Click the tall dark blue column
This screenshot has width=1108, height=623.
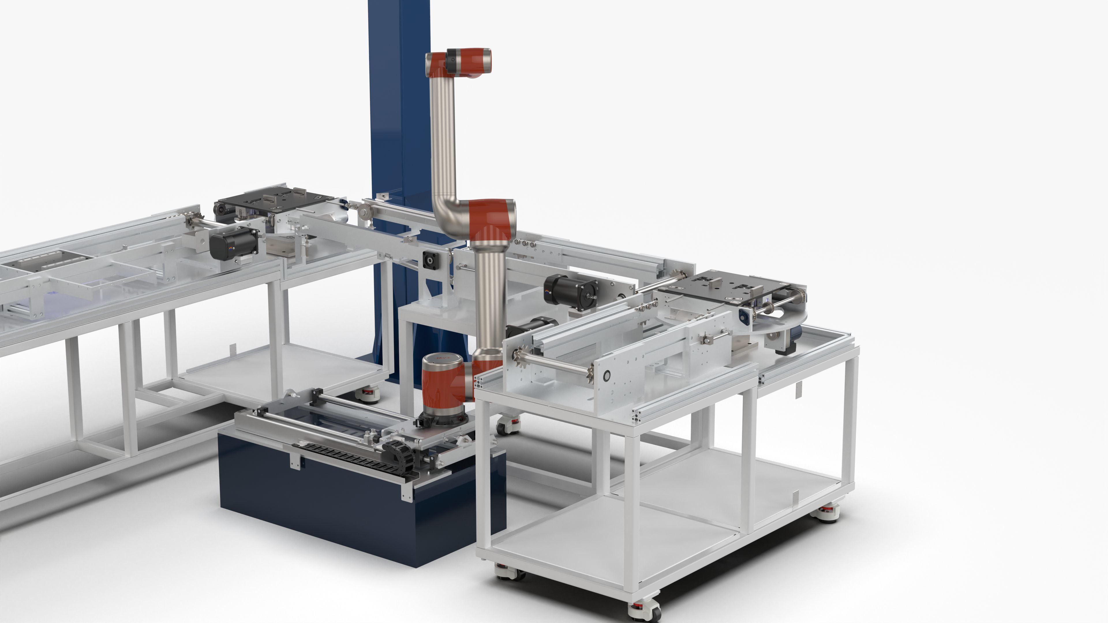[398, 108]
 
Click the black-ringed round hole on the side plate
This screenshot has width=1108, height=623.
[607, 376]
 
